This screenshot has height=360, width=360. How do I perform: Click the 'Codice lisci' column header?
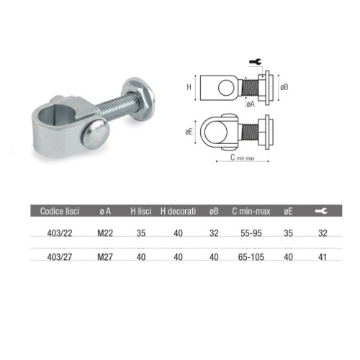coord(60,211)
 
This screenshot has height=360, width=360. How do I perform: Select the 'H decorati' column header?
coord(178,211)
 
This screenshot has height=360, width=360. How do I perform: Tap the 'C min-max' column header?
coord(251,211)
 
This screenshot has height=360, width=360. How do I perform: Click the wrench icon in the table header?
coord(321,211)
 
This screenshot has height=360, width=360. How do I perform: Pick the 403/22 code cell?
coord(60,233)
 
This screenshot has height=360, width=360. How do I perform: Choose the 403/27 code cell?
coord(60,257)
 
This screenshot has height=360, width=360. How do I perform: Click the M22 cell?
coord(105,233)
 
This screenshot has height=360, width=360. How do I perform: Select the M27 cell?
coord(105,257)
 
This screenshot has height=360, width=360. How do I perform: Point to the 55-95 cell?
coord(251,233)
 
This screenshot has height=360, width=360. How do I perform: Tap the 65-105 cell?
coord(251,257)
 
